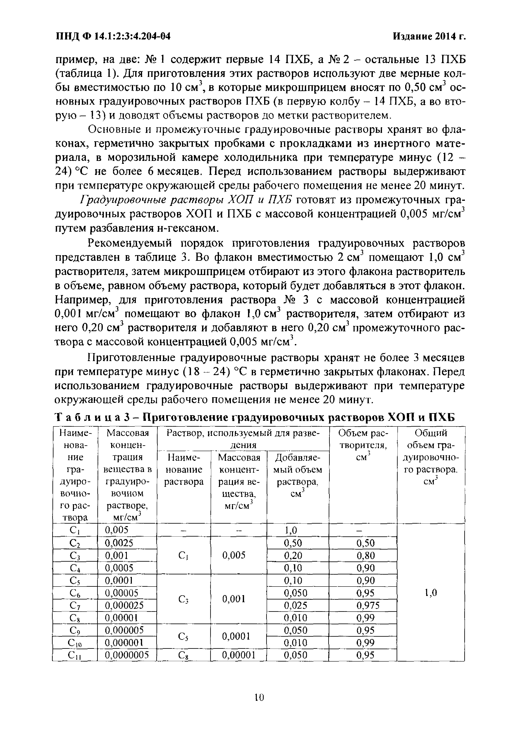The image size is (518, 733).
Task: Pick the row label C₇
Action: coord(74,605)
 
